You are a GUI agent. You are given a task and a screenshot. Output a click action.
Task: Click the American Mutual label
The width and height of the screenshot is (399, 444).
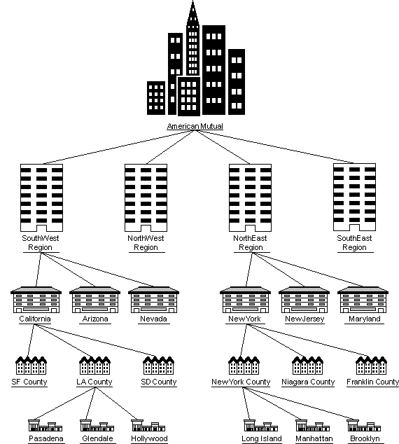(196, 126)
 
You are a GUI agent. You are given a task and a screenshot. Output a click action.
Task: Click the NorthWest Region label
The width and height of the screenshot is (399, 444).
(146, 243)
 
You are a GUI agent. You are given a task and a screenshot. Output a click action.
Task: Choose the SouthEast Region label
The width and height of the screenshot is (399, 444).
(355, 243)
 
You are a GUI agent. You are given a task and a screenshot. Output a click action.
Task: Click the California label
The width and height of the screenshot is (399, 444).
(35, 319)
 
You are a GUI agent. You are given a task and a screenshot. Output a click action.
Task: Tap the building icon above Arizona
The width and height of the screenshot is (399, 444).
(94, 300)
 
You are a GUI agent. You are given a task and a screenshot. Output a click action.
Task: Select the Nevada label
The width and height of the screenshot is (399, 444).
(153, 319)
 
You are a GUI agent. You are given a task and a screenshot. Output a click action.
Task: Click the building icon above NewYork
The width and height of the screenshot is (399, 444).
(245, 300)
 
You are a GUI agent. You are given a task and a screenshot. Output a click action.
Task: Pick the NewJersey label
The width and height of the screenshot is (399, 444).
(304, 319)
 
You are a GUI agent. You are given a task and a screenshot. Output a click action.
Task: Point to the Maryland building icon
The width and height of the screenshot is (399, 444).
(363, 300)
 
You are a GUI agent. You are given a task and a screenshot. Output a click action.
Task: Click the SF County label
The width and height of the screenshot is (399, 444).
(30, 382)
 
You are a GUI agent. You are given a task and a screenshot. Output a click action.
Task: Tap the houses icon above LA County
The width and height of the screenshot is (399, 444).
(94, 365)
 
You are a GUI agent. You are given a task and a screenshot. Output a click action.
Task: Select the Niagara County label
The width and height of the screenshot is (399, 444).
(308, 382)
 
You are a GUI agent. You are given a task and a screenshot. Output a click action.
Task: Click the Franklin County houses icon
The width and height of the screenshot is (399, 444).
(372, 365)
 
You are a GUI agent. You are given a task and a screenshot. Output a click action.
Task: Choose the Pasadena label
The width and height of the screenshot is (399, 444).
(46, 439)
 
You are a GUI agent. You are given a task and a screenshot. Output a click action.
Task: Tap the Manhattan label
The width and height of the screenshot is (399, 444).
(314, 439)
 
